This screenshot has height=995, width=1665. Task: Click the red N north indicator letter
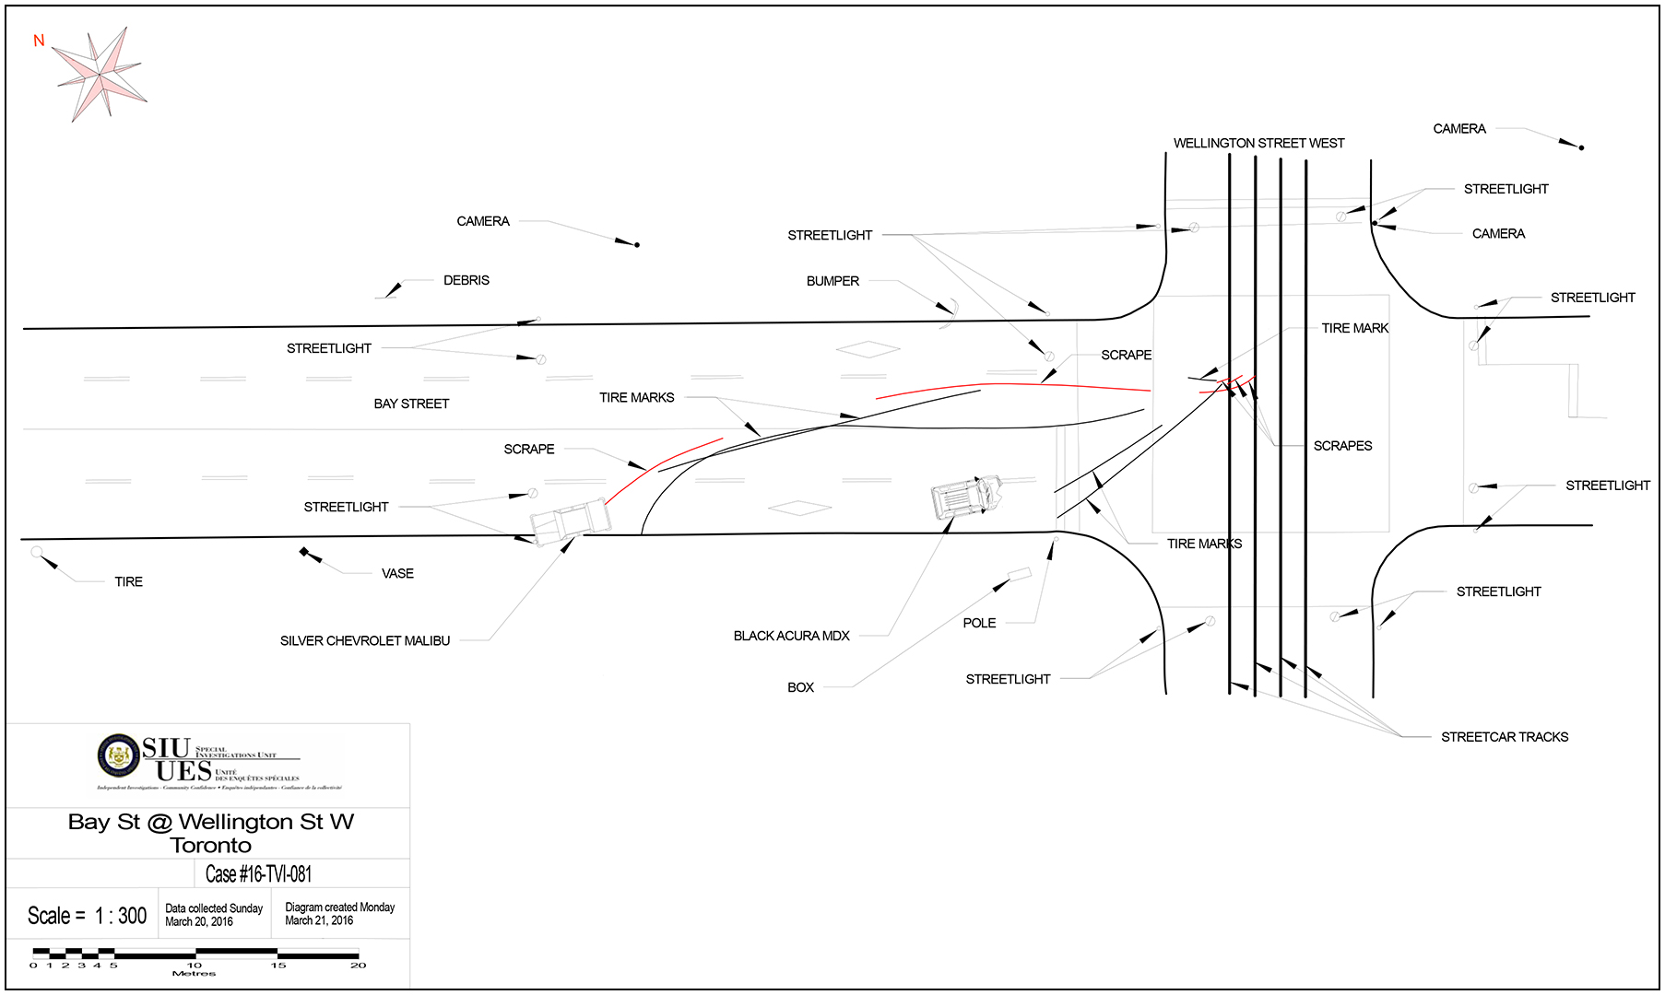pyautogui.click(x=39, y=41)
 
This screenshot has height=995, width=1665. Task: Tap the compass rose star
pyautogui.click(x=100, y=73)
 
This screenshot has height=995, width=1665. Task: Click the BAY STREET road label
pyautogui.click(x=411, y=404)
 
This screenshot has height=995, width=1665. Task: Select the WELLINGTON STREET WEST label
pyautogui.click(x=1258, y=143)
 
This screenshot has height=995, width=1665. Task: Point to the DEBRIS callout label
pyautogui.click(x=466, y=280)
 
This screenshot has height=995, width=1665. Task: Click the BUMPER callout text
pyautogui.click(x=832, y=281)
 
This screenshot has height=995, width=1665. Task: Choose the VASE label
pyautogui.click(x=397, y=573)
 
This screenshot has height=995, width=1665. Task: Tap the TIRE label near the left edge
pyautogui.click(x=128, y=581)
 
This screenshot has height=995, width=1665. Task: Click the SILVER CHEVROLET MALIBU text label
pyautogui.click(x=365, y=640)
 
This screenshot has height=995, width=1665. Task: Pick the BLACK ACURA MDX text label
pyautogui.click(x=791, y=636)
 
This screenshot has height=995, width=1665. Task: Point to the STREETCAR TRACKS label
pyautogui.click(x=1505, y=737)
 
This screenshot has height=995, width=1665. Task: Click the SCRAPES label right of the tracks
pyautogui.click(x=1342, y=446)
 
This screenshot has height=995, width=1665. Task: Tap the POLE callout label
pyautogui.click(x=979, y=623)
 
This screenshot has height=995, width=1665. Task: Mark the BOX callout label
pyautogui.click(x=800, y=687)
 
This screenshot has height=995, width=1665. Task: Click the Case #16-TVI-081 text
pyautogui.click(x=258, y=873)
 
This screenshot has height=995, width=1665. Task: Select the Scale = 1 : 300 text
pyautogui.click(x=87, y=916)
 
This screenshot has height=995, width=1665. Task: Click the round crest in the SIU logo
pyautogui.click(x=119, y=756)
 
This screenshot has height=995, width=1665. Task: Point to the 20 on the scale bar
pyautogui.click(x=359, y=966)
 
